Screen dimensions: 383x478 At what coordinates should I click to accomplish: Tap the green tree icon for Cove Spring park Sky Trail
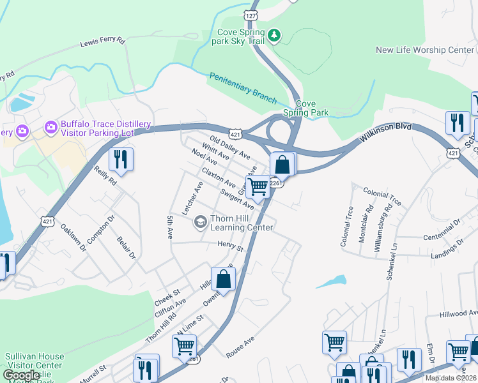[x=274, y=34]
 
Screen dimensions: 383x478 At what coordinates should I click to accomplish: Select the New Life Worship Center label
[x=425, y=50]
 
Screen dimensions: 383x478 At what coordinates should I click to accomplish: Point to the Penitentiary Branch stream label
[x=243, y=88]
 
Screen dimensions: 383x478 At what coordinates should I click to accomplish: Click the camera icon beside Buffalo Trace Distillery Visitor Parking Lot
[x=50, y=129]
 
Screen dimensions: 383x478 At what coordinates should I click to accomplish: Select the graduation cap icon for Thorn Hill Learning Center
[x=200, y=222]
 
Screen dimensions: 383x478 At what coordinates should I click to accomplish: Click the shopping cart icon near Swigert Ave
[x=258, y=187]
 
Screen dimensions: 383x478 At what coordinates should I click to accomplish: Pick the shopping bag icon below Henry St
[x=223, y=279]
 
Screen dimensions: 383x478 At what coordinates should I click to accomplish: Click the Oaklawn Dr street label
[x=73, y=238]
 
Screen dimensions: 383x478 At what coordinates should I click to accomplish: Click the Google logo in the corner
[x=21, y=375]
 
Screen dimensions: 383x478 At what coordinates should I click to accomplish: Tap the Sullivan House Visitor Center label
[x=35, y=361]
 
